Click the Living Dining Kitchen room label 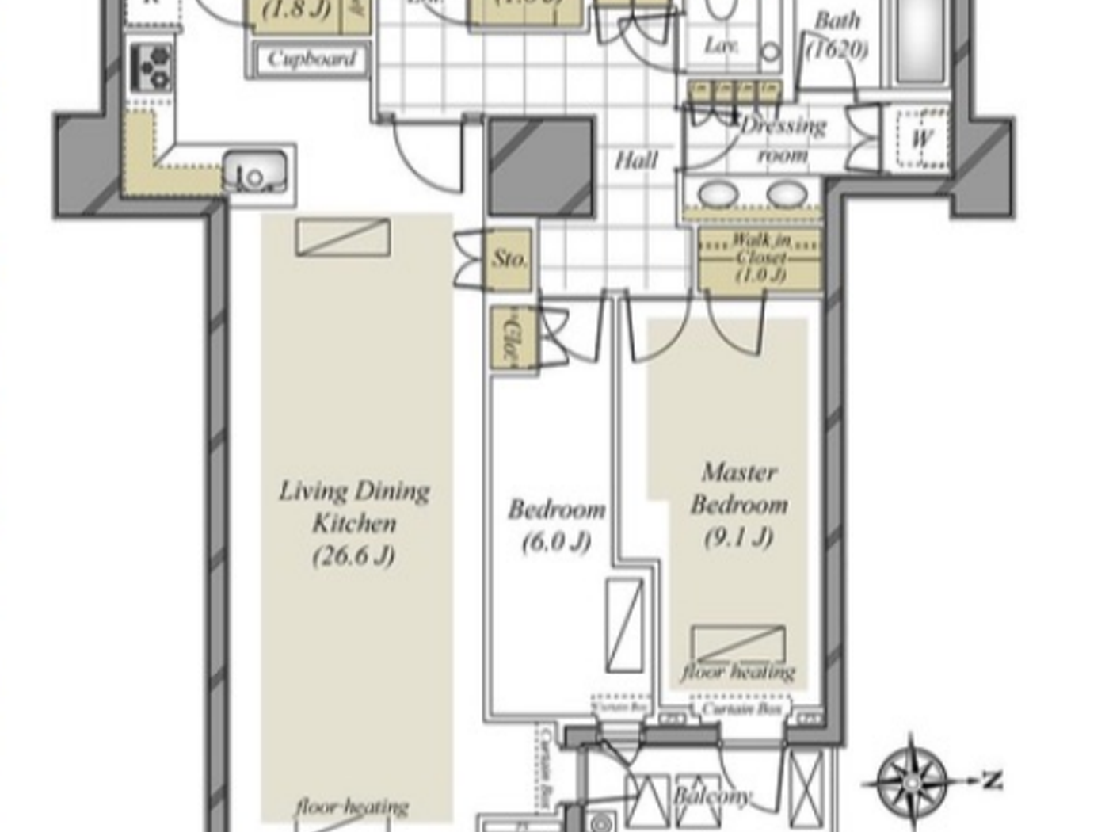coord(354,523)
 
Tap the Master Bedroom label coord(738,504)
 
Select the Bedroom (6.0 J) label coord(556,525)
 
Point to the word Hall coord(636,161)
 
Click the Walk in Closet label coord(760,258)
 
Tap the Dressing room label coord(782,139)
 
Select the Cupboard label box coord(311,59)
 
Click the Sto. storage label coord(509,258)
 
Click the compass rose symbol coord(913,781)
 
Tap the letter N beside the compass coord(992,780)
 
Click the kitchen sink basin coord(255,170)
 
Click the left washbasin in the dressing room coord(718,194)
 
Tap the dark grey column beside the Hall coord(541,166)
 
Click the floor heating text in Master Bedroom coord(738,672)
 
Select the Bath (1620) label coord(837,35)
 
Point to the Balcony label coord(711,795)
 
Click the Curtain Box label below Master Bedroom coord(742,708)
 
